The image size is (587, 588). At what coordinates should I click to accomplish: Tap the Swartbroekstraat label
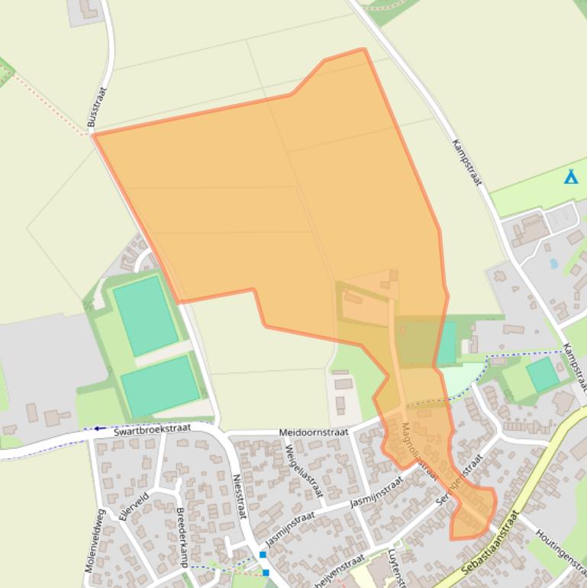pos(152,428)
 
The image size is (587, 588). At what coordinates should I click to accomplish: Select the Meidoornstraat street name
pos(313,432)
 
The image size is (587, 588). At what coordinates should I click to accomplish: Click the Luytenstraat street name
pos(395,569)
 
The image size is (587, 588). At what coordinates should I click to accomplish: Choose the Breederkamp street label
pos(182,538)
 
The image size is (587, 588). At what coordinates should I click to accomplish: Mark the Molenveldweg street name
pos(95,541)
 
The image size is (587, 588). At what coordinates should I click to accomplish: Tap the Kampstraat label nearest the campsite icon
pos(467,162)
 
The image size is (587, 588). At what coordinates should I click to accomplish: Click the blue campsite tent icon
pos(570,177)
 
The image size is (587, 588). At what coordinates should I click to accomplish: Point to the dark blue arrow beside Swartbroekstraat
pos(99,428)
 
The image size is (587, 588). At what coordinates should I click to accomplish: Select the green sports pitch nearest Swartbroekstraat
pos(160,385)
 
